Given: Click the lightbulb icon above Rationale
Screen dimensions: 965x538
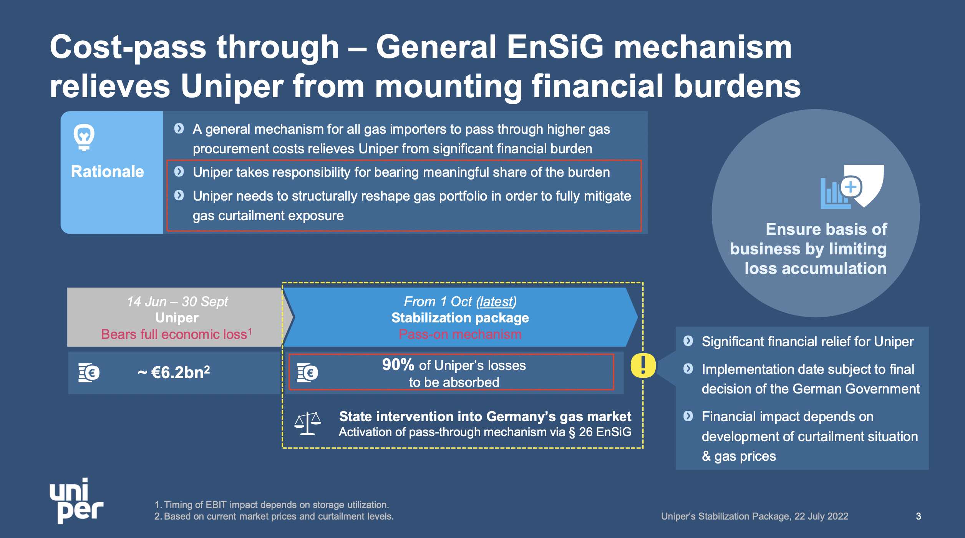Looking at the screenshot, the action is coord(84,137).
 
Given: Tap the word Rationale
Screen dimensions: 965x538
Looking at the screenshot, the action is coord(108,172).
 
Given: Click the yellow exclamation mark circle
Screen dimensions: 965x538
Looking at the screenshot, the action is coord(643,365).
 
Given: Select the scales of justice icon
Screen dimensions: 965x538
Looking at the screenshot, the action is coord(307,423).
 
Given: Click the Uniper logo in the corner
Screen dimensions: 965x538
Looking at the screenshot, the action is coord(76,500).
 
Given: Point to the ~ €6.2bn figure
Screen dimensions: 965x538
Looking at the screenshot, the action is coord(174,372).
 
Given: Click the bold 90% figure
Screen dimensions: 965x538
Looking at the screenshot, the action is coord(398,365).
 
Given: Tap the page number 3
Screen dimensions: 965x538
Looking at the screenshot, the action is coord(918,516).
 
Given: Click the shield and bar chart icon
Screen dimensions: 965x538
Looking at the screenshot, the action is coord(852,187).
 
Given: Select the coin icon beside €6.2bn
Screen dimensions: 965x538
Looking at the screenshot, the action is coord(89,372).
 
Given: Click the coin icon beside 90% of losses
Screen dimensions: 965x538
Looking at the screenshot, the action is coord(307,372).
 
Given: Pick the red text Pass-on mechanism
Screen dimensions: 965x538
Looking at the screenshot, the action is coord(460,334).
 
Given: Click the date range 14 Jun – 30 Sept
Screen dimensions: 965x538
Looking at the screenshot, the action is coord(177,302).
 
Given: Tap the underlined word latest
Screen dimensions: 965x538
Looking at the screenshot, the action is coord(496,302).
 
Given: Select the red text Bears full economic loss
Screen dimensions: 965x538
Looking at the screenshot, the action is coord(174,334).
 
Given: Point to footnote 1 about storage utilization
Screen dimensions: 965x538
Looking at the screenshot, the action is coord(272,505).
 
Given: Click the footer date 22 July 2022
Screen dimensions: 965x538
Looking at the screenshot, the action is coord(821,516).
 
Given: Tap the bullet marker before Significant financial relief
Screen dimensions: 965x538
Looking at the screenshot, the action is coord(688,341).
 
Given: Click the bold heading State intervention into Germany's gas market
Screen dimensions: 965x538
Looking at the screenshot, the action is coord(485,417).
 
